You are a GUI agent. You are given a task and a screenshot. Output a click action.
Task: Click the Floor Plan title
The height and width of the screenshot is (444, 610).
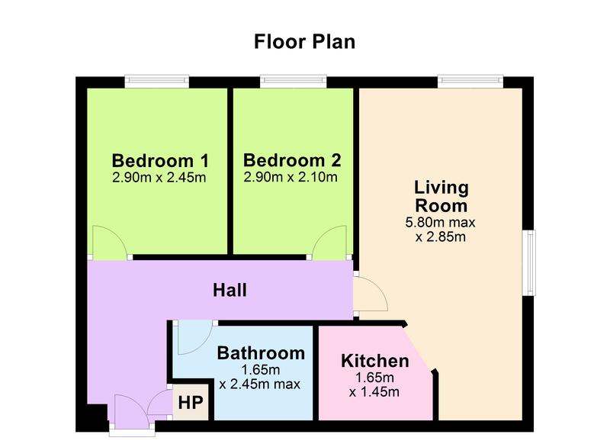coord(304,42)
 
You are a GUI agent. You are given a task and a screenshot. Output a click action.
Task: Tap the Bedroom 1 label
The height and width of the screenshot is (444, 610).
coord(160,160)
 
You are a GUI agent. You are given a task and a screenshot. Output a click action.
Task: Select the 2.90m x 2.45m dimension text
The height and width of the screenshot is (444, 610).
coord(159,178)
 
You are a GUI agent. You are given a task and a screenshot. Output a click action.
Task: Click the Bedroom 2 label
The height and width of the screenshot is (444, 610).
coord(292,160)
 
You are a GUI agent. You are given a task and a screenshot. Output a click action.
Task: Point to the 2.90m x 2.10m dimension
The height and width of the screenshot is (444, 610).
coord(291,177)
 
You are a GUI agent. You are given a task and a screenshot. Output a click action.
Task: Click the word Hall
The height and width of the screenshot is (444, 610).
coord(230,291)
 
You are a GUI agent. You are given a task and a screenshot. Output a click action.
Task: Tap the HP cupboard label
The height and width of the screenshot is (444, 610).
coord(191,403)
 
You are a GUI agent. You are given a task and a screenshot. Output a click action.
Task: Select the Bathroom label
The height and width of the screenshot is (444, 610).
coord(261,353)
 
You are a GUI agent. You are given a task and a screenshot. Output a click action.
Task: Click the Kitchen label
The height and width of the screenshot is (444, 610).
coord(375,361)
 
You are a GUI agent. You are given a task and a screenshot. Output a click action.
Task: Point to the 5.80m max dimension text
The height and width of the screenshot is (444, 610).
coord(441,223)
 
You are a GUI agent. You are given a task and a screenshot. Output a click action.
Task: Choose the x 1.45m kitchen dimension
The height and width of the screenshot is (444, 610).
coord(374,392)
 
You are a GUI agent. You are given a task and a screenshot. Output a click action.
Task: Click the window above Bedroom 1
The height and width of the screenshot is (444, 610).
coord(157,82)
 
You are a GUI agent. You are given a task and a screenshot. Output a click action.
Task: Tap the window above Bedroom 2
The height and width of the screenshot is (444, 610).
coord(294,82)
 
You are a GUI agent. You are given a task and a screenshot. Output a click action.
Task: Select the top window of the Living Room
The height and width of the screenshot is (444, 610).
coord(470,82)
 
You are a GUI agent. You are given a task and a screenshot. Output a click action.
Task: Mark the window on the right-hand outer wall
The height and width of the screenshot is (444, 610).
coord(528,262)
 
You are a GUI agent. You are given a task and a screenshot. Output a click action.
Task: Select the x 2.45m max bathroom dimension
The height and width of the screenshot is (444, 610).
coord(259,384)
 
